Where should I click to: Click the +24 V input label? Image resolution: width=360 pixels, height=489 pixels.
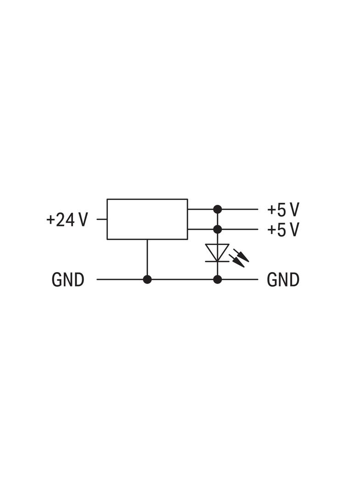(x=67, y=220)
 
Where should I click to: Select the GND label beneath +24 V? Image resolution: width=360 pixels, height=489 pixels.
(x=68, y=279)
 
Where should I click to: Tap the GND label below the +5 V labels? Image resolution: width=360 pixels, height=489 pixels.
(x=283, y=279)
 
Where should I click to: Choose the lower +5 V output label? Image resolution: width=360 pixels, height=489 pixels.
(x=283, y=229)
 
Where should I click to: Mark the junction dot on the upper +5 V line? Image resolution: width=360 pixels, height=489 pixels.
(x=218, y=209)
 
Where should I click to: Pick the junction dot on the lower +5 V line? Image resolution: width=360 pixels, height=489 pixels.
(x=218, y=229)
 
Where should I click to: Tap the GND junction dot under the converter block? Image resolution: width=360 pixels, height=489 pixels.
(x=147, y=279)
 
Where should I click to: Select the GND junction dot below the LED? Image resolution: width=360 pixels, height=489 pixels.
(x=218, y=279)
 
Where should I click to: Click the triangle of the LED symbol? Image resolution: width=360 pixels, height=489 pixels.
(x=218, y=252)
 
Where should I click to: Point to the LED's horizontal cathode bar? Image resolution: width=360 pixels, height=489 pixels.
(x=218, y=261)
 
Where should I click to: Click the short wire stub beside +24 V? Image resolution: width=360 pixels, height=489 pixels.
(x=102, y=219)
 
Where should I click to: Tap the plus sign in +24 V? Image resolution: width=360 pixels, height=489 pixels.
(x=51, y=220)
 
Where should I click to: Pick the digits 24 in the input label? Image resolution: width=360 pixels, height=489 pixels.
(x=66, y=220)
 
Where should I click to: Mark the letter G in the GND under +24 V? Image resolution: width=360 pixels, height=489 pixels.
(x=57, y=279)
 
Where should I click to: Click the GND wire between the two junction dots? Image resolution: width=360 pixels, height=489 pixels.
(x=182, y=279)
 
